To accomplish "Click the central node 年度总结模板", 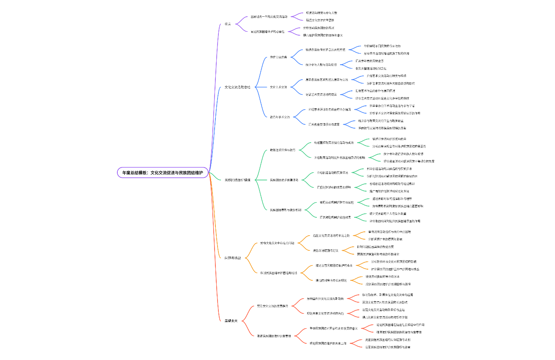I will (x=163, y=173).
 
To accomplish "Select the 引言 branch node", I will (x=227, y=24).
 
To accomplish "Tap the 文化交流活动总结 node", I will (x=237, y=87).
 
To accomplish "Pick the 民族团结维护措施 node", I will (x=237, y=180).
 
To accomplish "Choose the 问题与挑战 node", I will (x=233, y=258).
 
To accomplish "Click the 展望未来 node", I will (x=231, y=321).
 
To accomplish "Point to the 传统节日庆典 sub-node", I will (x=278, y=57).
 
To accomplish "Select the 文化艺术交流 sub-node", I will (x=278, y=87).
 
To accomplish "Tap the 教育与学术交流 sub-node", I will (x=280, y=117).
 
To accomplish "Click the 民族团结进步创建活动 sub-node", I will (x=284, y=180).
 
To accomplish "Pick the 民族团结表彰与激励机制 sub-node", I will (x=286, y=210).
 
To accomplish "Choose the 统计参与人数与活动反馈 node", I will (x=321, y=65).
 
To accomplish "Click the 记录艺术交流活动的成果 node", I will (x=321, y=94).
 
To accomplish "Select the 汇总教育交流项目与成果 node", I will (x=324, y=124).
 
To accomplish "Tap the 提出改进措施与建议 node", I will (x=325, y=250).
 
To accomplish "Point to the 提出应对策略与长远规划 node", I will (x=331, y=280).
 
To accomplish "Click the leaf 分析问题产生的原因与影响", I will (x=385, y=239).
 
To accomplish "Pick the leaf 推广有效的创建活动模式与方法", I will (x=389, y=191).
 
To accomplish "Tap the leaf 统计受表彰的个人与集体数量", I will (x=388, y=213).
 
